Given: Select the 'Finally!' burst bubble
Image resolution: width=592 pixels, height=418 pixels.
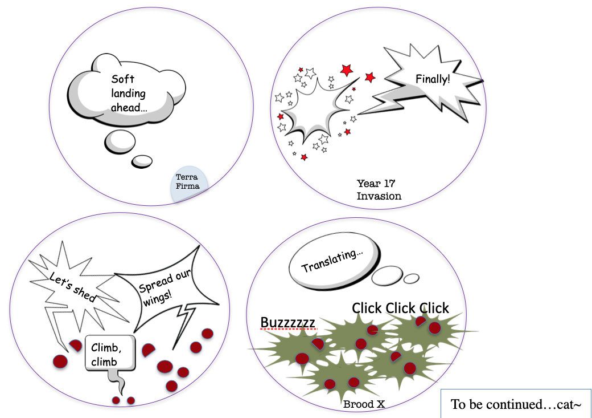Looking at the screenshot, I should pos(433,80).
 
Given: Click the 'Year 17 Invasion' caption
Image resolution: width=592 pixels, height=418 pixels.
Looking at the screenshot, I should pos(379,189).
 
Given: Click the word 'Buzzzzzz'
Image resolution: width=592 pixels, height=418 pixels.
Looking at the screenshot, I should pos(287,323).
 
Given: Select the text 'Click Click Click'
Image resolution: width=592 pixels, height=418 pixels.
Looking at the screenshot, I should pos(400,308).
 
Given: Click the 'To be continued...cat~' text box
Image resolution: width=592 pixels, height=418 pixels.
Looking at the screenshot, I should pos(516,404).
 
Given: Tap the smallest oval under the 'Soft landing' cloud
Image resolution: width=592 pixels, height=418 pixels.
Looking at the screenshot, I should pos(142,161).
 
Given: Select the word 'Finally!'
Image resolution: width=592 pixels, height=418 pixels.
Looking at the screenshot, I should pos(433,79).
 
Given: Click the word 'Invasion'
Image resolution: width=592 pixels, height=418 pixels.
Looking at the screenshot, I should pos(379,196).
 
